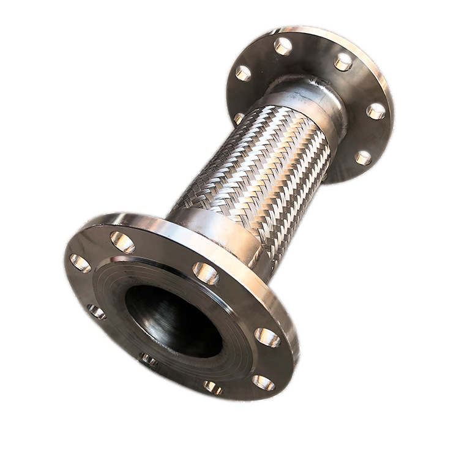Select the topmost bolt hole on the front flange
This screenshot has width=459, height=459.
123,242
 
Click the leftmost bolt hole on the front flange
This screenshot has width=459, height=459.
80,263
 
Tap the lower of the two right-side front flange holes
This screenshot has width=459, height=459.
264,382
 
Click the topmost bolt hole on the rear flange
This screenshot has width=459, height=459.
283,46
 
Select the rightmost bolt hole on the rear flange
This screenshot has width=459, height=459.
376,111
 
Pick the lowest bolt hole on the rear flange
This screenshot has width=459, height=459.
364,158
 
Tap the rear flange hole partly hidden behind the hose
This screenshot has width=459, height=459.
239,118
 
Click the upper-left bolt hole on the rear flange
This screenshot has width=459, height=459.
244,73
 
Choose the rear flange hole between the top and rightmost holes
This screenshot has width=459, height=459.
343,61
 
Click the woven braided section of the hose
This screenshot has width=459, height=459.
257,165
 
